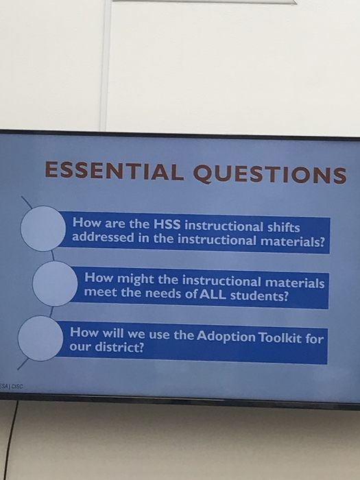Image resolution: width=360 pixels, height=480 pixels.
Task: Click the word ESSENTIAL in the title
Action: (115, 171)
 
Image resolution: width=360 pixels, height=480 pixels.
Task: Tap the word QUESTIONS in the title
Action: (270, 174)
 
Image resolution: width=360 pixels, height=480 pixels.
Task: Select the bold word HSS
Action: (167, 224)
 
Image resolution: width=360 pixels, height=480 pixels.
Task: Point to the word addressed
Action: (103, 237)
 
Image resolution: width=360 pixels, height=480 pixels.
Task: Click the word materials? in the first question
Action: (292, 241)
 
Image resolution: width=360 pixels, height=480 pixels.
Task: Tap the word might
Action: (136, 279)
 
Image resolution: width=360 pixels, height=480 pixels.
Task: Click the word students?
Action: (259, 296)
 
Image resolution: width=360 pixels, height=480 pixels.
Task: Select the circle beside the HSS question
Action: (43, 228)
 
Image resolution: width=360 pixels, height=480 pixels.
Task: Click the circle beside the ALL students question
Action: (55, 284)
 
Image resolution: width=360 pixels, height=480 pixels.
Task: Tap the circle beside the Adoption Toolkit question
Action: (40, 338)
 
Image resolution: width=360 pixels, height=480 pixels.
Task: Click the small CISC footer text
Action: (17, 386)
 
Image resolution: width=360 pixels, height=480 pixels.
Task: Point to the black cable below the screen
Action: (11, 440)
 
